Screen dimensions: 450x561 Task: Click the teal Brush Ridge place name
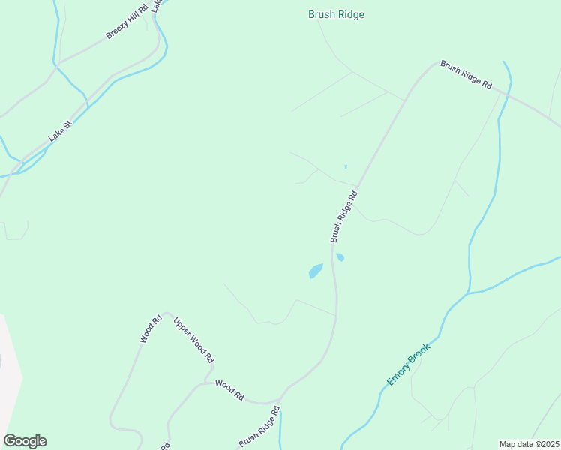(336, 14)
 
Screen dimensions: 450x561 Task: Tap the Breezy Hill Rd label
(130, 25)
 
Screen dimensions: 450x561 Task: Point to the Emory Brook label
(409, 364)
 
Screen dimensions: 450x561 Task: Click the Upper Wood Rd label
(193, 340)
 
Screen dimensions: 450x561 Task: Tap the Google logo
(25, 441)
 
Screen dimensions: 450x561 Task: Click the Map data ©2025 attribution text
(529, 444)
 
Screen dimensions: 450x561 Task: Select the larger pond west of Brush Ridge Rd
(316, 270)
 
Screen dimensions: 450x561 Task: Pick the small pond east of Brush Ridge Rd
(340, 257)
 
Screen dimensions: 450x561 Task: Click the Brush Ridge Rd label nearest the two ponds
(344, 216)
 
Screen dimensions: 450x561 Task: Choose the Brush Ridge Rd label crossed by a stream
(466, 75)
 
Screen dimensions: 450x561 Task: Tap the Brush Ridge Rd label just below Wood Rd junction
(259, 426)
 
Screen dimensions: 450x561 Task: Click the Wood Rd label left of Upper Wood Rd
(151, 329)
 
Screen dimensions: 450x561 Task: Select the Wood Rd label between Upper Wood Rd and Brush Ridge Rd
(229, 389)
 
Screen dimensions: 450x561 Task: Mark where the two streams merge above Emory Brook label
(469, 292)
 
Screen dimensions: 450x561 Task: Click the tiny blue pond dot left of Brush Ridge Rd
(345, 166)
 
